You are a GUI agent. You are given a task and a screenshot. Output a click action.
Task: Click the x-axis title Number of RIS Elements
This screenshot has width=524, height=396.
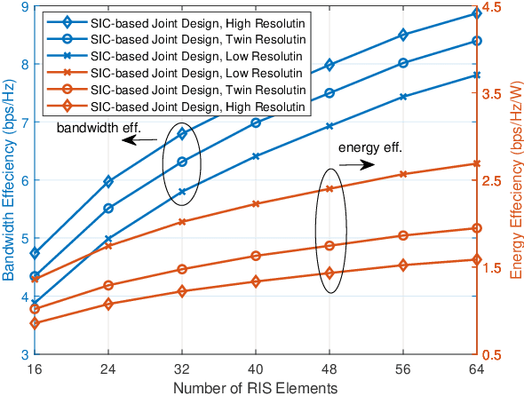[x=255, y=388]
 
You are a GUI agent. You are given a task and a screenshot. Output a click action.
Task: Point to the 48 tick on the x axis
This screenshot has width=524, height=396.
[x=329, y=368]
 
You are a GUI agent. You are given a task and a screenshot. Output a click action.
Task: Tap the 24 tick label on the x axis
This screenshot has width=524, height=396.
[x=108, y=368]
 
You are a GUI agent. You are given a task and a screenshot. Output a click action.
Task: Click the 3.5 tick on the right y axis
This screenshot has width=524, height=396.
[x=491, y=93]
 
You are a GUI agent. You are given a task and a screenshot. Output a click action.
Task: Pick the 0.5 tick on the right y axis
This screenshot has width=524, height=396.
[x=491, y=354]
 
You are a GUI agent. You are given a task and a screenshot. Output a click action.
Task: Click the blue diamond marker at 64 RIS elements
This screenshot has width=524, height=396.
[x=477, y=13]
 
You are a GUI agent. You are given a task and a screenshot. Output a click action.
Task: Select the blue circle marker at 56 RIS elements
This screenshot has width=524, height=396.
[x=403, y=63]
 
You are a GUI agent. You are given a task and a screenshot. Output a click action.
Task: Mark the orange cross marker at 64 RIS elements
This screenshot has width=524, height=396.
[x=477, y=163]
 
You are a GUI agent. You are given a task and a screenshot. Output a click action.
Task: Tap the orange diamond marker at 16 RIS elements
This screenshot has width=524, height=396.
[x=35, y=323]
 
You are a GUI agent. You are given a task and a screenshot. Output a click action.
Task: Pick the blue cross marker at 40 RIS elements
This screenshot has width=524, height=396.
[x=256, y=156]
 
